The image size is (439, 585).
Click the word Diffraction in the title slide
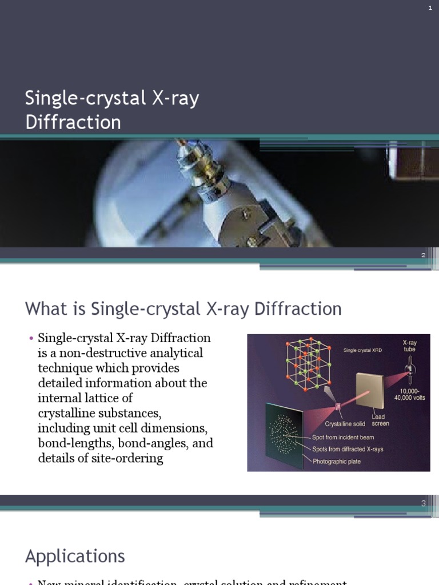coord(73,122)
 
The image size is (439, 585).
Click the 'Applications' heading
coord(75,556)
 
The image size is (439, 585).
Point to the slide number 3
coord(424,503)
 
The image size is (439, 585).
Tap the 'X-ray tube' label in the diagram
coord(409,346)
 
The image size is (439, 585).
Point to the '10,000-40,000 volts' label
coord(409,394)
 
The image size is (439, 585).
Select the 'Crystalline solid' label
coord(345,424)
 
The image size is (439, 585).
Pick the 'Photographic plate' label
coord(337,462)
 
